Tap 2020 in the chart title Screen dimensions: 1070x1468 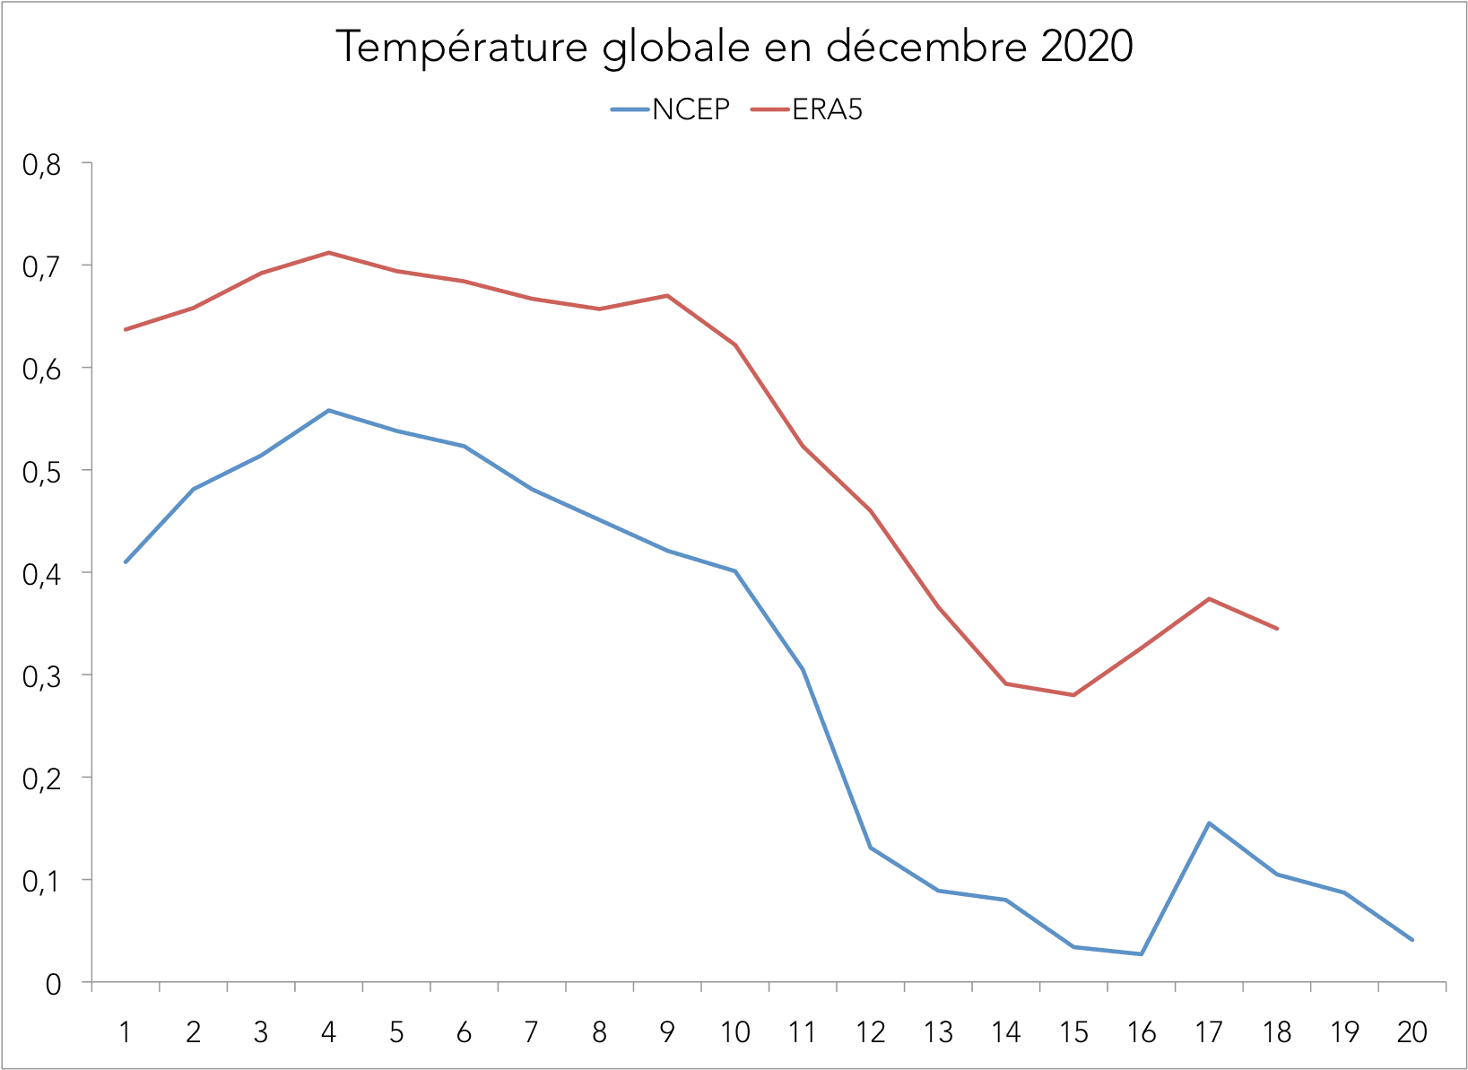(1087, 47)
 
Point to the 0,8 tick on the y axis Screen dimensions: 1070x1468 (41, 164)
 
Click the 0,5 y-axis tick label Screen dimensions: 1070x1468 (41, 471)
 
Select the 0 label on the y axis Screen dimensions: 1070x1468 (53, 984)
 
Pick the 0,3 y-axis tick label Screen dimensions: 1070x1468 (41, 675)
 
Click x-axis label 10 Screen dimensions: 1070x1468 (735, 1032)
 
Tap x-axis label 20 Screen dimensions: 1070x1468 (1412, 1032)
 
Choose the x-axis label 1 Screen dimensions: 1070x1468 (126, 1032)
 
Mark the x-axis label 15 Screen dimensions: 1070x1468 (1073, 1032)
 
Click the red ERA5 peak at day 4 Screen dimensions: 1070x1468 (329, 253)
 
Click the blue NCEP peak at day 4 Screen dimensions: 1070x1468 (329, 411)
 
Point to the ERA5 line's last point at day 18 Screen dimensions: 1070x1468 (1277, 629)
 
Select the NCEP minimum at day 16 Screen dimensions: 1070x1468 (1142, 953)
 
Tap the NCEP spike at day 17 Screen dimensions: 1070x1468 (1210, 823)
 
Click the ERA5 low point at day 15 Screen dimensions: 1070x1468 (1073, 695)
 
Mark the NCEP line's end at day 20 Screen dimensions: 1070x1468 (1412, 940)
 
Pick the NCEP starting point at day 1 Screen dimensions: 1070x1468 (126, 561)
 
